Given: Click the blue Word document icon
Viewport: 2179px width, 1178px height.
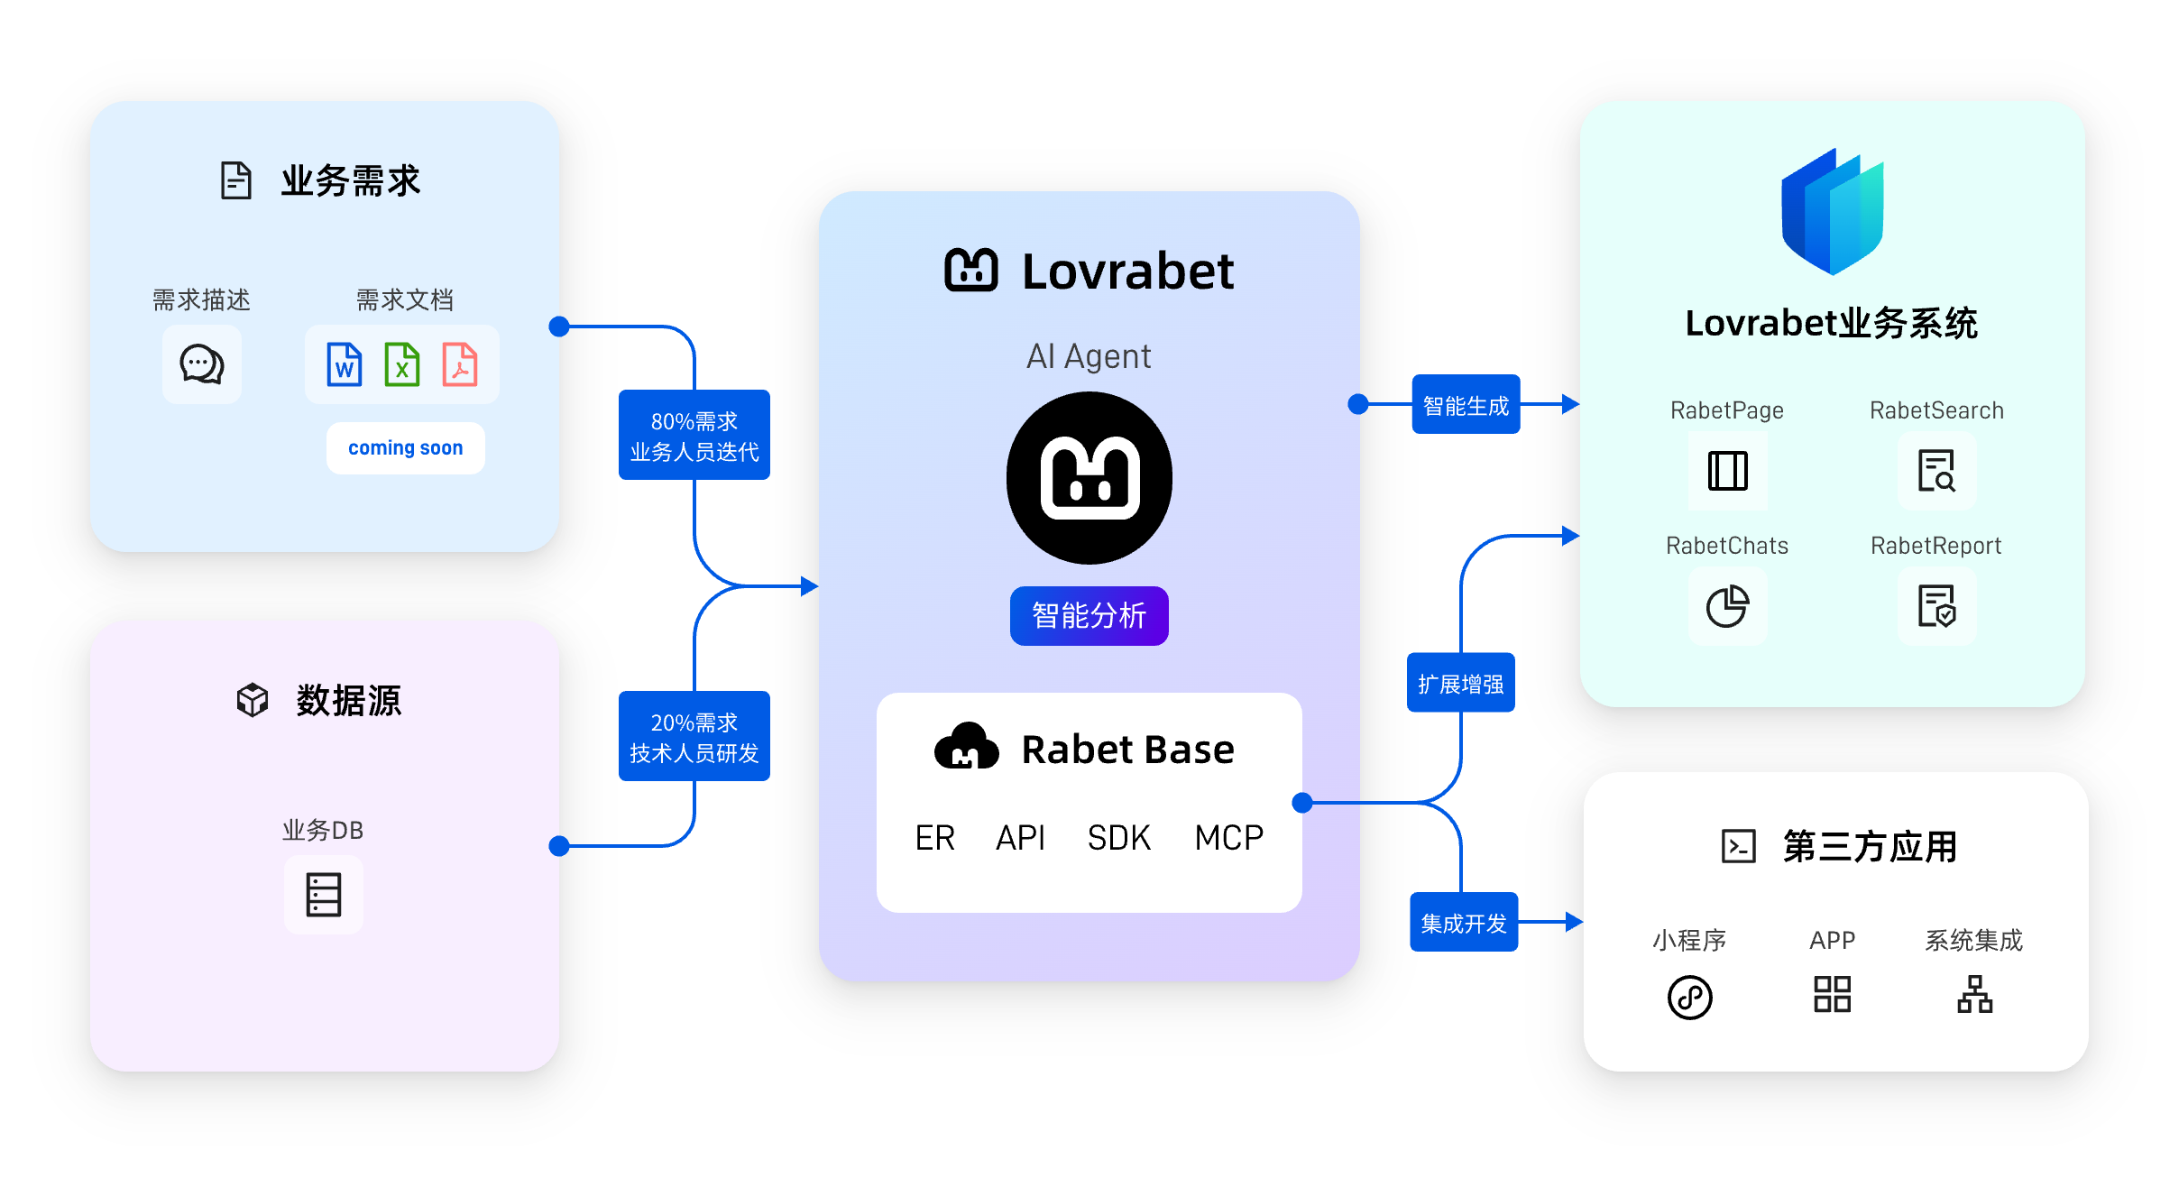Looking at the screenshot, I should coord(345,364).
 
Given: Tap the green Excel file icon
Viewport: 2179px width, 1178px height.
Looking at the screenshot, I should coord(402,364).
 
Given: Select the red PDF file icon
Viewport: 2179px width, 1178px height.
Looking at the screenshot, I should coord(460,364).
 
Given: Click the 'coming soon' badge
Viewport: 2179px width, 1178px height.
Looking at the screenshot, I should coord(405,448).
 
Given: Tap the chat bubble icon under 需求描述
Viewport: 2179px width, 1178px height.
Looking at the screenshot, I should coord(202,364).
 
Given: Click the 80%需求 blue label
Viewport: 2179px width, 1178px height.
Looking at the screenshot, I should coord(694,436).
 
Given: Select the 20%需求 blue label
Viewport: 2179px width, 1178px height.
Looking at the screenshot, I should coord(694,737).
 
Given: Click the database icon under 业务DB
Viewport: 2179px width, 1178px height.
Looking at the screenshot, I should coord(323,895).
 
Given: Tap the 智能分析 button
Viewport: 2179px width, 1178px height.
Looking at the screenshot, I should coord(1089,616).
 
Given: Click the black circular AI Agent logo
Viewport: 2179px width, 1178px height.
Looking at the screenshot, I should coord(1089,478).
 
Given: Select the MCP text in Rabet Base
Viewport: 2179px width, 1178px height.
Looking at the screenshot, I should coord(1228,838).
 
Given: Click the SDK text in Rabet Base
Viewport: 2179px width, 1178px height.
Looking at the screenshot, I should coord(1118,838).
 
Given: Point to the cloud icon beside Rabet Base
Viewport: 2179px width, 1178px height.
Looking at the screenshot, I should coord(966,747).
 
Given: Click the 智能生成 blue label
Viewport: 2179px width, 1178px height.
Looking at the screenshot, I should coord(1466,405).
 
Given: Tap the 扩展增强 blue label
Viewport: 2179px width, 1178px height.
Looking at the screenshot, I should coord(1460,684).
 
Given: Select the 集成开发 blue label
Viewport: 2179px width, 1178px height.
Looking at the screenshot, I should coord(1464,923).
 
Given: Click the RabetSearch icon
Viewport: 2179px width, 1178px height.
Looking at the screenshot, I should coord(1936,471).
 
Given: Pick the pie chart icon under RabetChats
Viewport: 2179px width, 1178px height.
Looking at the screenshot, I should coord(1727,606).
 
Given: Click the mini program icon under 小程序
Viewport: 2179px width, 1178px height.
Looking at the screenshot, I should coord(1689,997).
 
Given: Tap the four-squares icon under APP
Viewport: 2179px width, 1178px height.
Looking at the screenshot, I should coord(1832,994).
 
